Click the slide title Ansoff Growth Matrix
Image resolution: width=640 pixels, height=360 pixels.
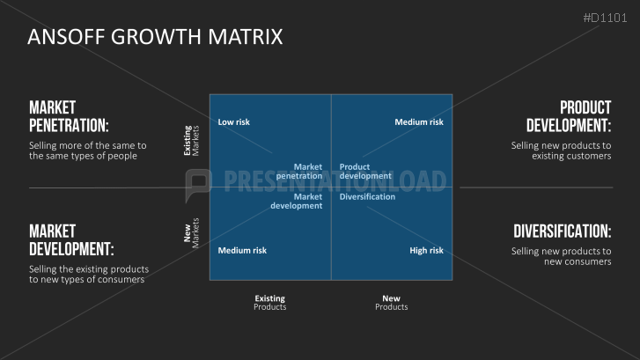(x=155, y=37)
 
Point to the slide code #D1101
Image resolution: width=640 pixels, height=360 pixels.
(x=605, y=18)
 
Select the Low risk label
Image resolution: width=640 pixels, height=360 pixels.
(x=233, y=122)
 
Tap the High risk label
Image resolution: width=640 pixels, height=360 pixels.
(x=426, y=251)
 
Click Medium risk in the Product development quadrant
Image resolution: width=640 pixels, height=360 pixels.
(x=419, y=122)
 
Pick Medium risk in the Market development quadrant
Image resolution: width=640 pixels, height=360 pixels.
(x=242, y=251)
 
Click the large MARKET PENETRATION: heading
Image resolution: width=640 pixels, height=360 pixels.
(x=69, y=117)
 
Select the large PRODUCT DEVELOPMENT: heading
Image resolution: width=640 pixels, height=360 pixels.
(x=569, y=117)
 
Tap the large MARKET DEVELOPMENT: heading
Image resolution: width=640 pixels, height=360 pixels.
(x=71, y=240)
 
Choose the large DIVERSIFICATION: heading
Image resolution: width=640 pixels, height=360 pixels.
(x=562, y=231)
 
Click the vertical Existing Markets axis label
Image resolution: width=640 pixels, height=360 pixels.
(x=191, y=141)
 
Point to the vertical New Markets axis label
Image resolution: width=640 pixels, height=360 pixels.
(x=191, y=233)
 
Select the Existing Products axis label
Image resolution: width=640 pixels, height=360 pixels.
(x=269, y=303)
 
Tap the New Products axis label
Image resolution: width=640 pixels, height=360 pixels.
(x=392, y=303)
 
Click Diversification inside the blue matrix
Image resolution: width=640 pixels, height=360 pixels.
(x=367, y=197)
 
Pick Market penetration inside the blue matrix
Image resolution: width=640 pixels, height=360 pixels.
(x=299, y=172)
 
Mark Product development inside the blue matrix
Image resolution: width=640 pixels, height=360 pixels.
(x=365, y=172)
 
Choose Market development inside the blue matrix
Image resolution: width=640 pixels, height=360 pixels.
(x=297, y=202)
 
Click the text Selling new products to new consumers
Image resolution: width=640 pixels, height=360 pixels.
(x=562, y=256)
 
